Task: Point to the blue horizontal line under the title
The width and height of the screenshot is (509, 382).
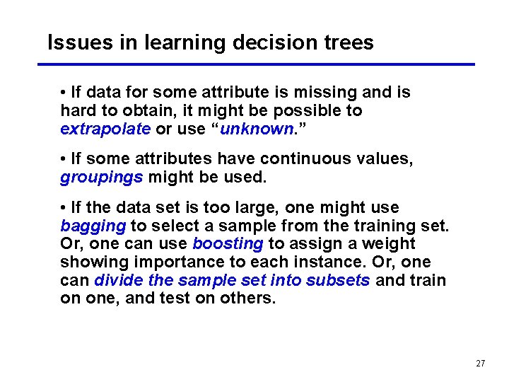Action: (255, 64)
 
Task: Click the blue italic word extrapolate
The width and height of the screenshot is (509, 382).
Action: (105, 129)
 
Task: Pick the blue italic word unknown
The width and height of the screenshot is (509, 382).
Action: (257, 129)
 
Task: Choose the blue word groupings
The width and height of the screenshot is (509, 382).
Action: (102, 177)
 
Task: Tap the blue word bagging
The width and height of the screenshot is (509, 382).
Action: (93, 226)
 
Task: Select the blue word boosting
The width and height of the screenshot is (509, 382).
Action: (228, 243)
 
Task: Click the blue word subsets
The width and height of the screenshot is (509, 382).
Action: (338, 280)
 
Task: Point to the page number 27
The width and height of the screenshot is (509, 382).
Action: (481, 364)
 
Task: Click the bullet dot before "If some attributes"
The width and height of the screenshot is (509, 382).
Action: (64, 159)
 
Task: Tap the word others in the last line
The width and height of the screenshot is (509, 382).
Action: (250, 298)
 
